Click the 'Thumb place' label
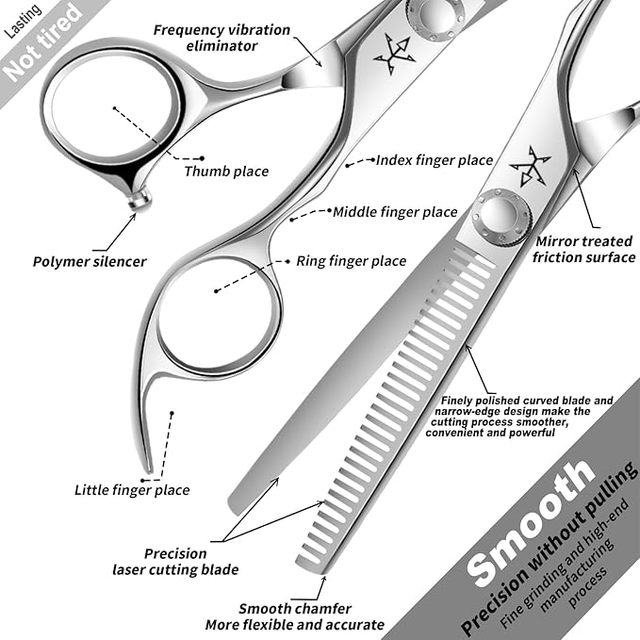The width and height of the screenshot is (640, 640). click(226, 171)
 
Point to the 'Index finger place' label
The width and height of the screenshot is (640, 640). click(435, 160)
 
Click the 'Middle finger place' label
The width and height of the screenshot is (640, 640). click(395, 212)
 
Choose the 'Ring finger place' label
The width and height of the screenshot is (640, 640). click(351, 261)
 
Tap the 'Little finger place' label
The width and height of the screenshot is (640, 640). click(132, 489)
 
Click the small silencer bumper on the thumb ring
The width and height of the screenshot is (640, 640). click(140, 198)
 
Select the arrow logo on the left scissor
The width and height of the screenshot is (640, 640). click(394, 55)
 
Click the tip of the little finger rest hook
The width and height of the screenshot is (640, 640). click(149, 468)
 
